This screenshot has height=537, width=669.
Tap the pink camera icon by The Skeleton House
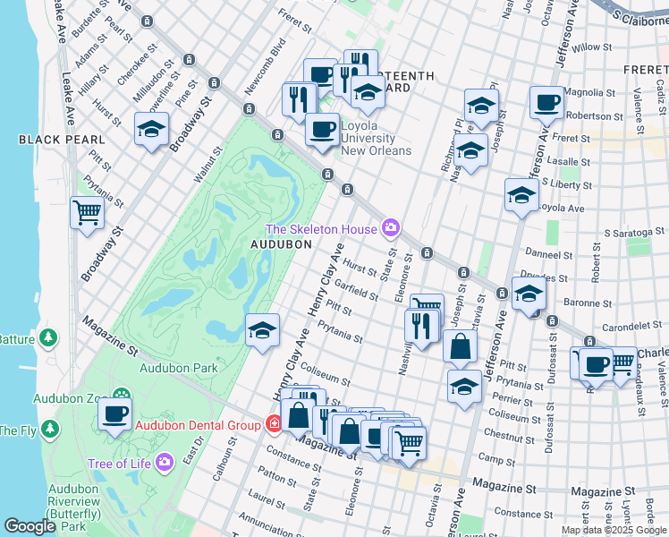pos(390,229)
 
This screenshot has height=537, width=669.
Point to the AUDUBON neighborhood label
pos(280,243)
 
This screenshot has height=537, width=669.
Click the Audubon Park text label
pos(179,368)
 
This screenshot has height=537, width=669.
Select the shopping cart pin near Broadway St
pos(87,213)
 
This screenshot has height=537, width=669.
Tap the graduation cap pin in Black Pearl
pos(151,129)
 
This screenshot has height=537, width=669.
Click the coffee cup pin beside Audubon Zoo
pos(114,415)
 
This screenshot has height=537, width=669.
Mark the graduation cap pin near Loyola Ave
pos(521,195)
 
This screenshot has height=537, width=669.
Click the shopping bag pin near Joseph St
pos(460,346)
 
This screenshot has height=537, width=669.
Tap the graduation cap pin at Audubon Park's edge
pos(262,330)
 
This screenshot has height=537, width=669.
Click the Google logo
pos(30,526)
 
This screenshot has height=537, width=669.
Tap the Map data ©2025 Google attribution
pos(613,530)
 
